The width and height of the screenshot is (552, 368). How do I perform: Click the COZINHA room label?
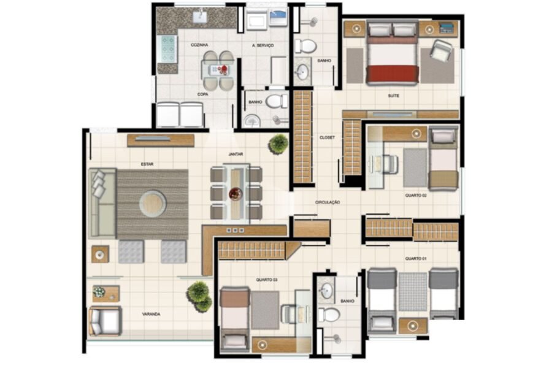[199, 45]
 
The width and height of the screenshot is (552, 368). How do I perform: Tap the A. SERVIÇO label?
[263, 45]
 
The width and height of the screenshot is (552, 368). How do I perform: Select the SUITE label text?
[393, 96]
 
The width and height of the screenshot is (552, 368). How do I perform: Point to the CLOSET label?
[327, 137]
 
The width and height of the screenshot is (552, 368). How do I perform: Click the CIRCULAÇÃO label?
[328, 202]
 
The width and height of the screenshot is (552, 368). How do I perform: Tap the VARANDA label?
[151, 314]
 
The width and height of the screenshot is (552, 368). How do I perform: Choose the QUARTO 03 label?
[267, 280]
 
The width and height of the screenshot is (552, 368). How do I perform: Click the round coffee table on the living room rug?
[153, 204]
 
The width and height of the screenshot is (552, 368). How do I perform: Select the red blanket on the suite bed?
[392, 75]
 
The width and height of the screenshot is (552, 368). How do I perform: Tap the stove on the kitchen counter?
[167, 48]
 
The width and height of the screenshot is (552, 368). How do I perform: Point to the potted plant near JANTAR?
[278, 144]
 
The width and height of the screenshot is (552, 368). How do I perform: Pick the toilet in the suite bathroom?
[305, 46]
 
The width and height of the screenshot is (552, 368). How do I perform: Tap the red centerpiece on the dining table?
[235, 193]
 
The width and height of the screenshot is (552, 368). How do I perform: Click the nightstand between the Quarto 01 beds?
[413, 326]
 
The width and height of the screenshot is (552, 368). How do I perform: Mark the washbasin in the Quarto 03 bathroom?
[327, 291]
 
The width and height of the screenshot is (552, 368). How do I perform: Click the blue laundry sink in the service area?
[278, 18]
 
